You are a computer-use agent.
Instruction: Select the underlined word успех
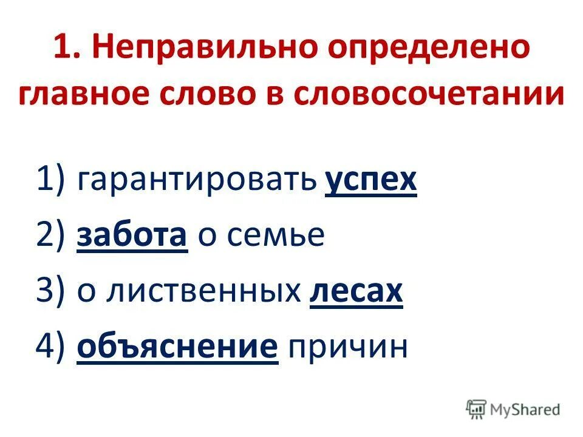[x=371, y=180]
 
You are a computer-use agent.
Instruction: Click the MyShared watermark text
[x=525, y=409]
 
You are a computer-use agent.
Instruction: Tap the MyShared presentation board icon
[x=477, y=408]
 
